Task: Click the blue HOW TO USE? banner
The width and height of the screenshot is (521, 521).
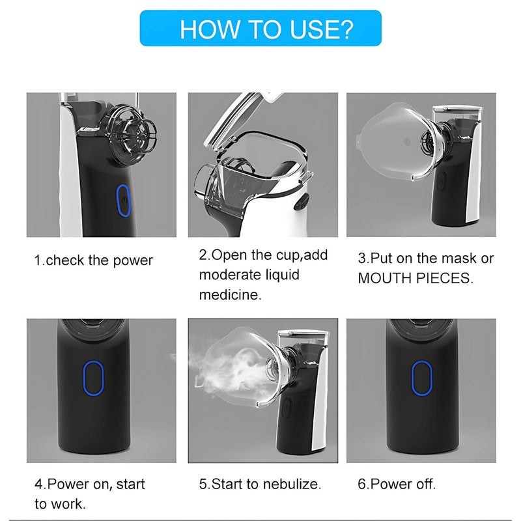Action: coord(260,28)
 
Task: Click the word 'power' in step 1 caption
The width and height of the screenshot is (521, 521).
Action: coord(133,261)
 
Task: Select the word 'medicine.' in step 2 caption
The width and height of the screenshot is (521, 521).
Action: coord(231,295)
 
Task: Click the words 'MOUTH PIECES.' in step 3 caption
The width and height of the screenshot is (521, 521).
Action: coord(415,279)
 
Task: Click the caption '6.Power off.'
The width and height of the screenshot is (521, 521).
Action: coord(397,484)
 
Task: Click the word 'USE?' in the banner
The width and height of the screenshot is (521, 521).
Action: coord(322,29)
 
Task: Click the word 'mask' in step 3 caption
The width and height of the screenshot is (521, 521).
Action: coord(460,258)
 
